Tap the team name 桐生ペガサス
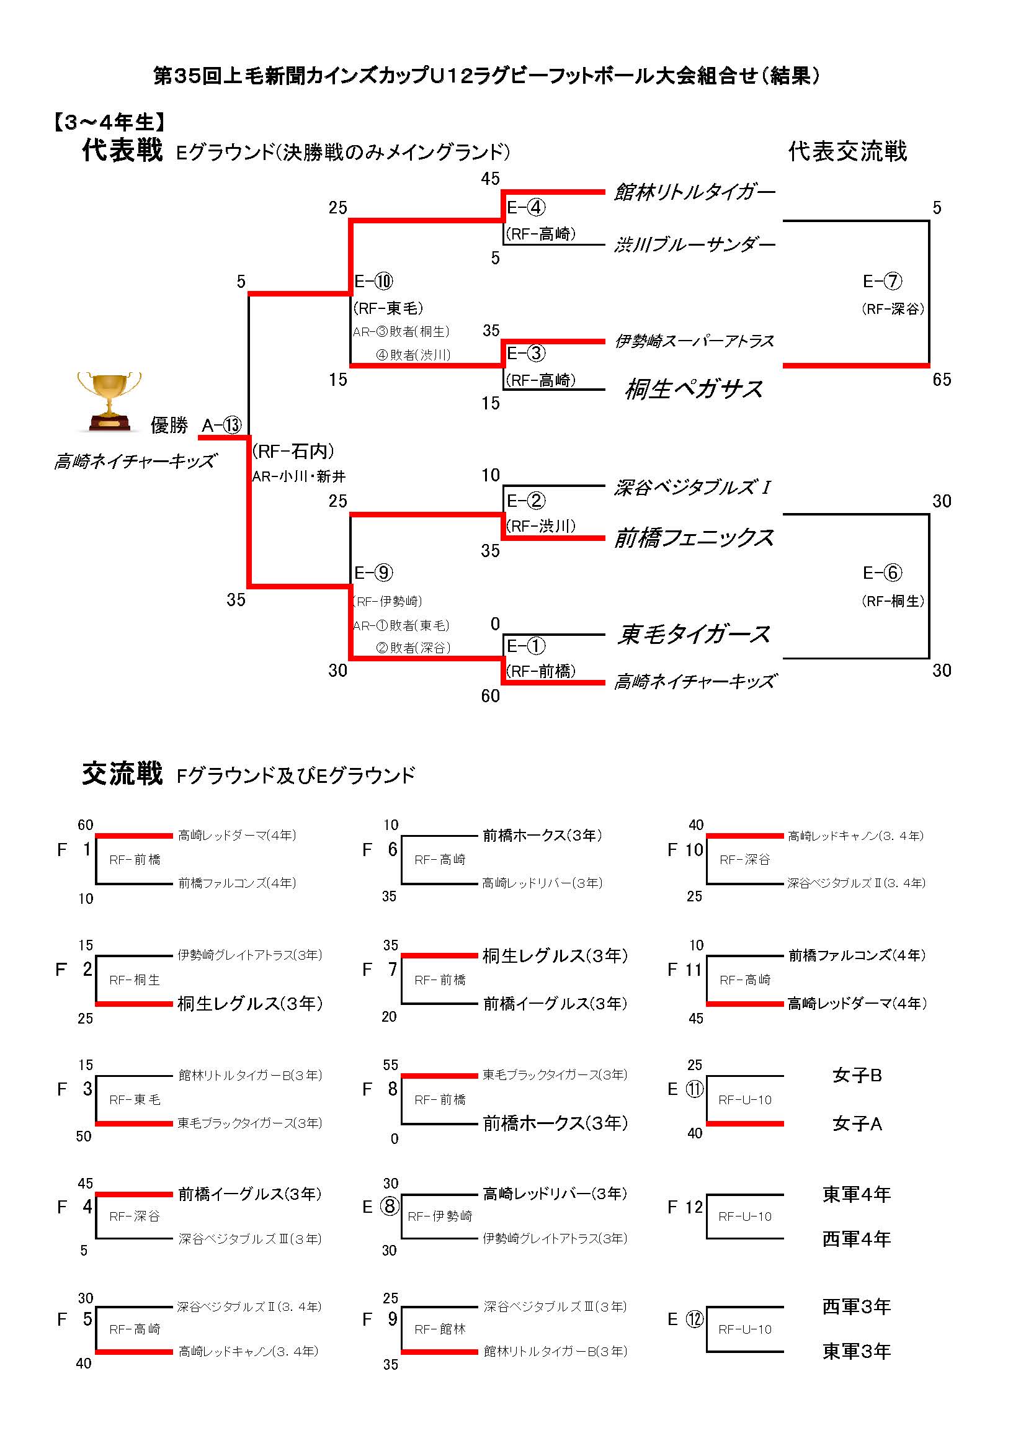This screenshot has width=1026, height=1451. [694, 390]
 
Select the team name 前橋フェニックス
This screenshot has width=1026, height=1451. [694, 538]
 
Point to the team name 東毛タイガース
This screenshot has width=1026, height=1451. [694, 634]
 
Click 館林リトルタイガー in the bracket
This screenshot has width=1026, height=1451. [694, 192]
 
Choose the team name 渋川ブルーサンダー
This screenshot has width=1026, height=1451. [694, 244]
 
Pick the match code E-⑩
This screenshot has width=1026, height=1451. [373, 281]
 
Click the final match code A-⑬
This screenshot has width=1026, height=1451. [221, 426]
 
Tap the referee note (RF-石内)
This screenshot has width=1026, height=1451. [293, 450]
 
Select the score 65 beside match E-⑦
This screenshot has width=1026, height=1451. [942, 379]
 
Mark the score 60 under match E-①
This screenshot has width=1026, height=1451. [490, 696]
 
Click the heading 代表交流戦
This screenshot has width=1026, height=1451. [847, 151]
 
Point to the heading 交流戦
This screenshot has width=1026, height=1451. [122, 774]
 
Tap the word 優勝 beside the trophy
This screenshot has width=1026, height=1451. [169, 426]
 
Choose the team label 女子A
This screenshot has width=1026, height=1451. [857, 1123]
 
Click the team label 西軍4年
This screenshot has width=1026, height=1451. [856, 1239]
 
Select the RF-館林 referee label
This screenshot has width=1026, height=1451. [440, 1329]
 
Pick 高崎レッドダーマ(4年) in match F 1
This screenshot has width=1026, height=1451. [237, 836]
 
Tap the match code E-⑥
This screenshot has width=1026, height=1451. [882, 573]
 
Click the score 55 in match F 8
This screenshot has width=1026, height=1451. [390, 1065]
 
